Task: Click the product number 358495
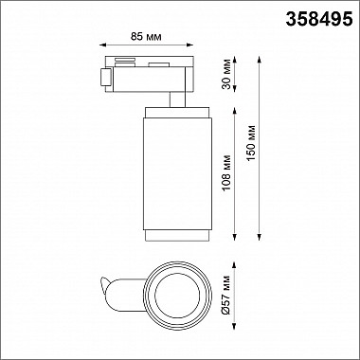click(319, 19)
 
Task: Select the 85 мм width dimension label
click(146, 37)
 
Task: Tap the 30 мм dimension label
click(226, 74)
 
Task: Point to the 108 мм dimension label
click(226, 172)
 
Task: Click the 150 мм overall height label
click(251, 143)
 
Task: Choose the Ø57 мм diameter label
click(226, 295)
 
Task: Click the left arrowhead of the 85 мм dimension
click(102, 45)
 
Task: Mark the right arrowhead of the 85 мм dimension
click(190, 45)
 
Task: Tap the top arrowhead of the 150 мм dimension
click(260, 60)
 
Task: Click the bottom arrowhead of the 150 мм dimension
click(260, 238)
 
